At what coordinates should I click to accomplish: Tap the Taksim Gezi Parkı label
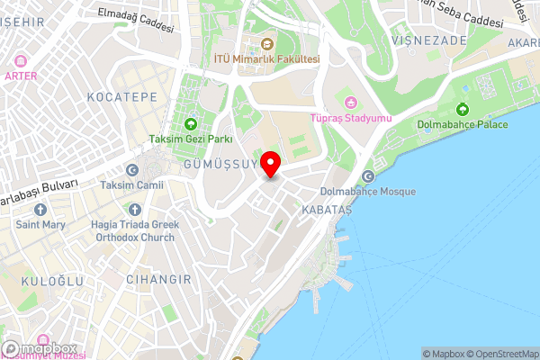point(191,139)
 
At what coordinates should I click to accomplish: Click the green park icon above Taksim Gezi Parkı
point(190,124)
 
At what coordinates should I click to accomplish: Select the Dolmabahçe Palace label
point(464,123)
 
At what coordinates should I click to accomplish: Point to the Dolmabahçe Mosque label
point(368,192)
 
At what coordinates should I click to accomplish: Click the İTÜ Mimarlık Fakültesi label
point(266,58)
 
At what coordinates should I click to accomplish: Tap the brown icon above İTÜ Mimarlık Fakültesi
point(266,43)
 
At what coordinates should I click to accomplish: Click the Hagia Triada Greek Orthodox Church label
point(135,232)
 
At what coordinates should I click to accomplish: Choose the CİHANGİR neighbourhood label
point(158,280)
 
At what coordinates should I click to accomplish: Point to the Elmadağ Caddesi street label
point(134,21)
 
